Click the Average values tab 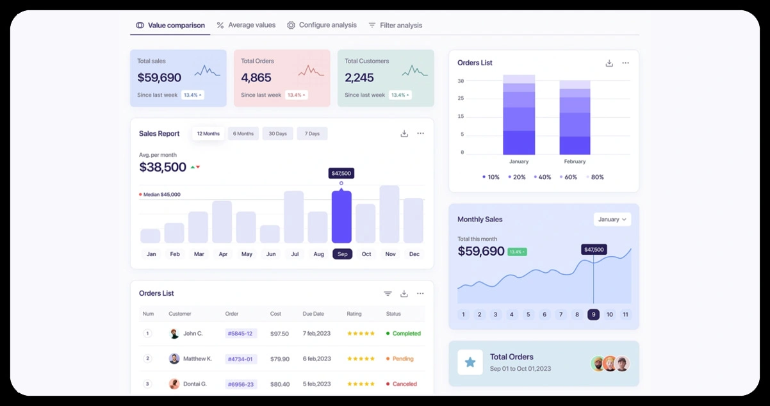click(246, 25)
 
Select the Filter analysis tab click(395, 26)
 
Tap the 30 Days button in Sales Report click(277, 134)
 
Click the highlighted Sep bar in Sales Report click(341, 217)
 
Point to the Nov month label click(390, 254)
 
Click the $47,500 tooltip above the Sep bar click(341, 174)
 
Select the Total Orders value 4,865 click(256, 77)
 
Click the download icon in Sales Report click(404, 133)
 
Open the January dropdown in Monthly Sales click(612, 219)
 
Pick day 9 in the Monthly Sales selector click(593, 314)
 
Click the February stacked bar click(575, 118)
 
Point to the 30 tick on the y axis click(461, 81)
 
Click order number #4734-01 click(241, 359)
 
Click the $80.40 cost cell click(279, 384)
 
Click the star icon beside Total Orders click(470, 362)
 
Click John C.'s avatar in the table click(174, 334)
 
